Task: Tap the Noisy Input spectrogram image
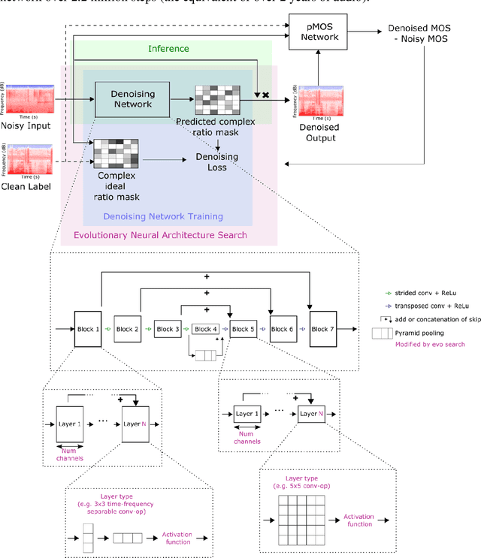click(x=27, y=98)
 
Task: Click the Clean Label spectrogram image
click(x=27, y=159)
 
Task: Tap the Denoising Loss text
click(x=216, y=161)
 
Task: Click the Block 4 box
click(x=205, y=329)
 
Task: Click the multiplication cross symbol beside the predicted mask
click(x=265, y=95)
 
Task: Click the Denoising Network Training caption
click(x=163, y=217)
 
